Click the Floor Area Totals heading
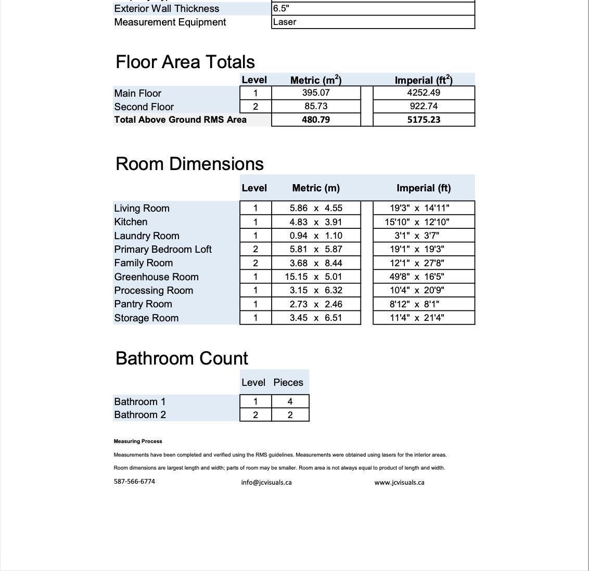click(x=185, y=62)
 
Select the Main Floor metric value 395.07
click(x=316, y=93)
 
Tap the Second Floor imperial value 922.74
click(x=424, y=106)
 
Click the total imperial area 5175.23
click(x=424, y=120)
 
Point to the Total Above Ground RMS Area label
click(x=180, y=120)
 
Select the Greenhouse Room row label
click(x=156, y=277)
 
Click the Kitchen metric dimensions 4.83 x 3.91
click(x=316, y=222)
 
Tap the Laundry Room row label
click(x=146, y=236)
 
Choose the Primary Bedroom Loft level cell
click(x=255, y=249)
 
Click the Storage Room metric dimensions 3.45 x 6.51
click(x=316, y=318)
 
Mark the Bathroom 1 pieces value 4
click(x=290, y=401)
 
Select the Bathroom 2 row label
click(x=139, y=414)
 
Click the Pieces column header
click(x=288, y=382)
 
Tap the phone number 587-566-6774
click(x=134, y=481)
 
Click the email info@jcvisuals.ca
click(x=266, y=482)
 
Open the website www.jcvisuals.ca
click(x=399, y=482)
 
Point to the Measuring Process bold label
click(x=138, y=441)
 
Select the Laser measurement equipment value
click(x=285, y=22)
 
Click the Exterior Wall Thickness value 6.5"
click(x=281, y=8)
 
